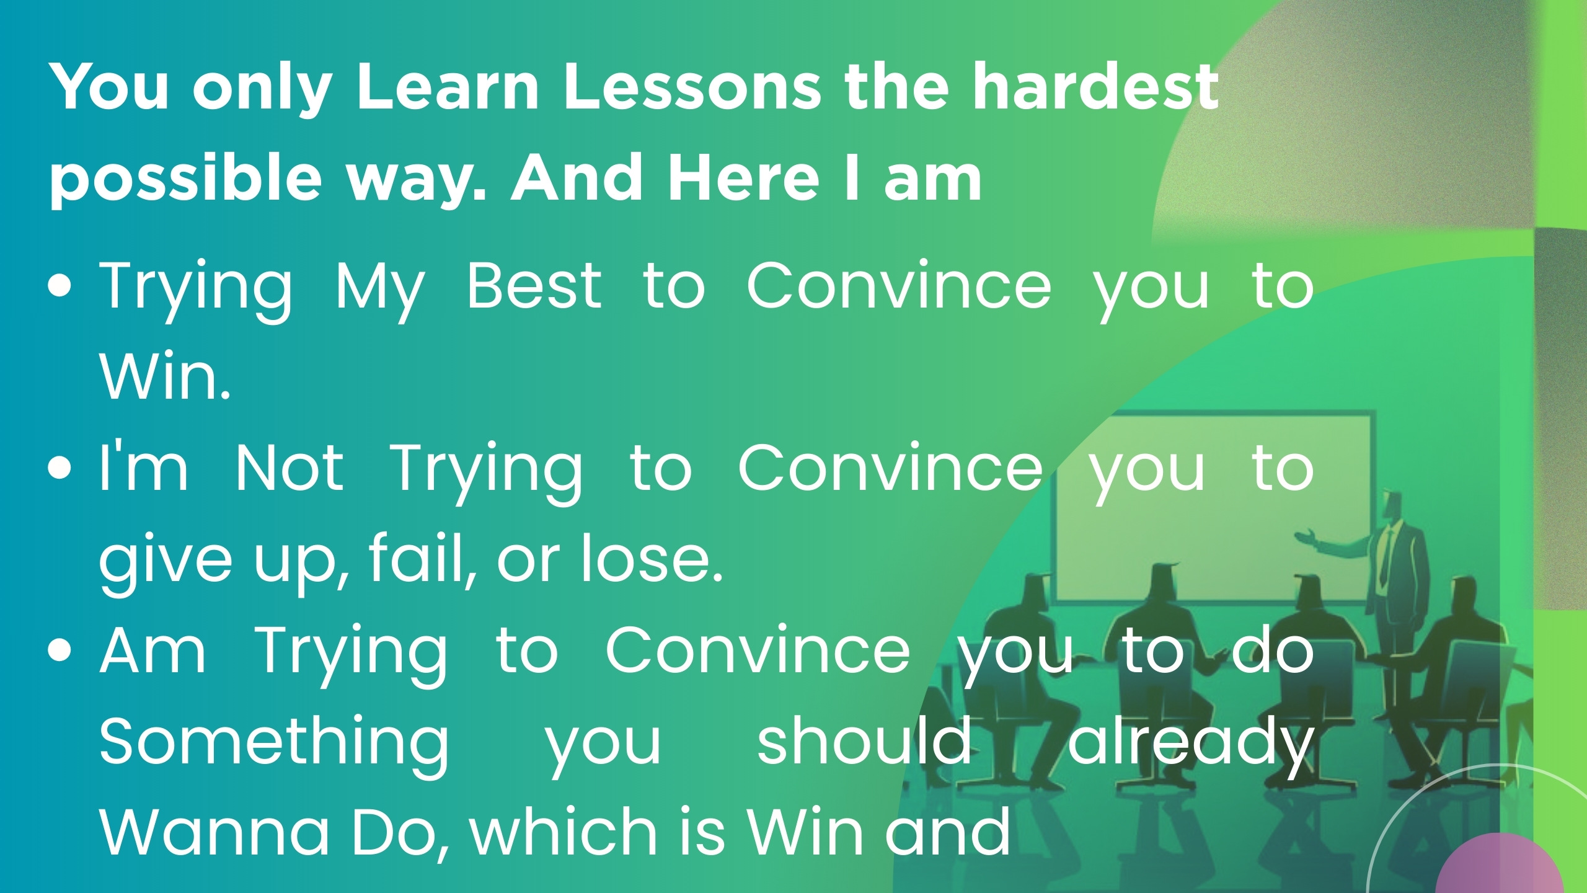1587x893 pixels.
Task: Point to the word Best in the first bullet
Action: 534,285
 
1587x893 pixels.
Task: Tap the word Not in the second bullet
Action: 289,468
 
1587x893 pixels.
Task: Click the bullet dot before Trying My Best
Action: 60,287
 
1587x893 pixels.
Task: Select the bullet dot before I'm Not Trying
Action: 60,469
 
